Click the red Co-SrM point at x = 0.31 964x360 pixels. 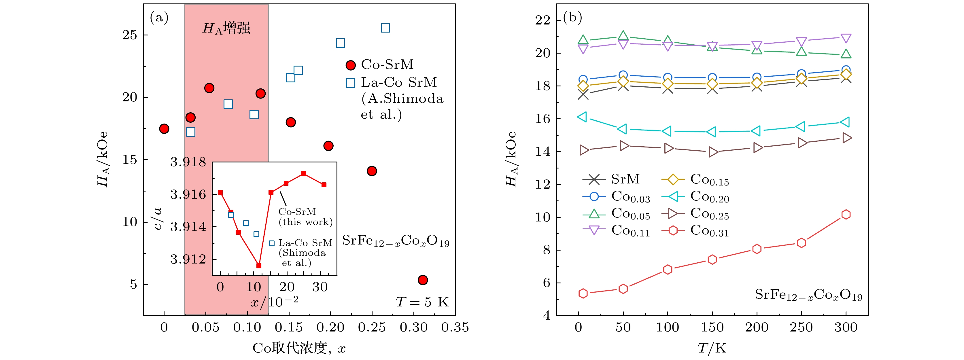422,280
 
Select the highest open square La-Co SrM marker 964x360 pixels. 385,28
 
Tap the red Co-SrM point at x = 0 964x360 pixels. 164,129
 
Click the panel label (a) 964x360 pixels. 159,17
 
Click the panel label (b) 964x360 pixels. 572,17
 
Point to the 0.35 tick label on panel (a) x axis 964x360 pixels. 455,327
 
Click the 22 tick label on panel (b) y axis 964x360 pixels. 542,20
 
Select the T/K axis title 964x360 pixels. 712,348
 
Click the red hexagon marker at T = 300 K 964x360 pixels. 846,215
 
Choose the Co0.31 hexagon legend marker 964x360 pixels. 673,230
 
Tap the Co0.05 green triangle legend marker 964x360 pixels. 593,214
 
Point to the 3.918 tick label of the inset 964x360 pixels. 188,162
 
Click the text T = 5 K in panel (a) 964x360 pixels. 422,302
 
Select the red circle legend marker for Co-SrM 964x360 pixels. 351,65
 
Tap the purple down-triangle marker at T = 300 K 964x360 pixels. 846,38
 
